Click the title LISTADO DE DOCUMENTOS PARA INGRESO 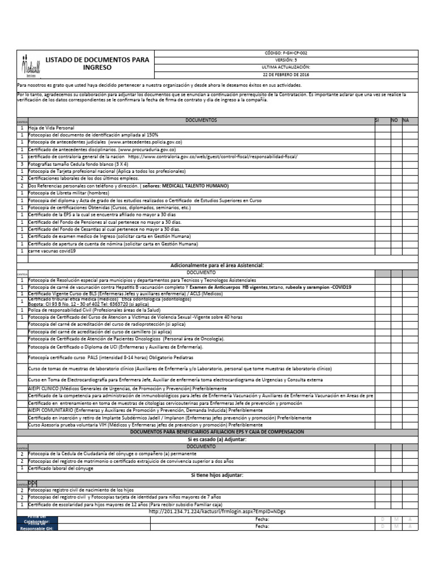pos(97,63)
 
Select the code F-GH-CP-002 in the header pos(286,53)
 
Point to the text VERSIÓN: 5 pos(286,59)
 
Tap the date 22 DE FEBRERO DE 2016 pos(286,74)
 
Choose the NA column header pos(406,121)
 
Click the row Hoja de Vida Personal pos(52,129)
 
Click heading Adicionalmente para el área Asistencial pos(217,265)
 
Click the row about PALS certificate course pos(110,358)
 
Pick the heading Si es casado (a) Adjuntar pos(217,439)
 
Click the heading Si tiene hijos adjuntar pos(217,475)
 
